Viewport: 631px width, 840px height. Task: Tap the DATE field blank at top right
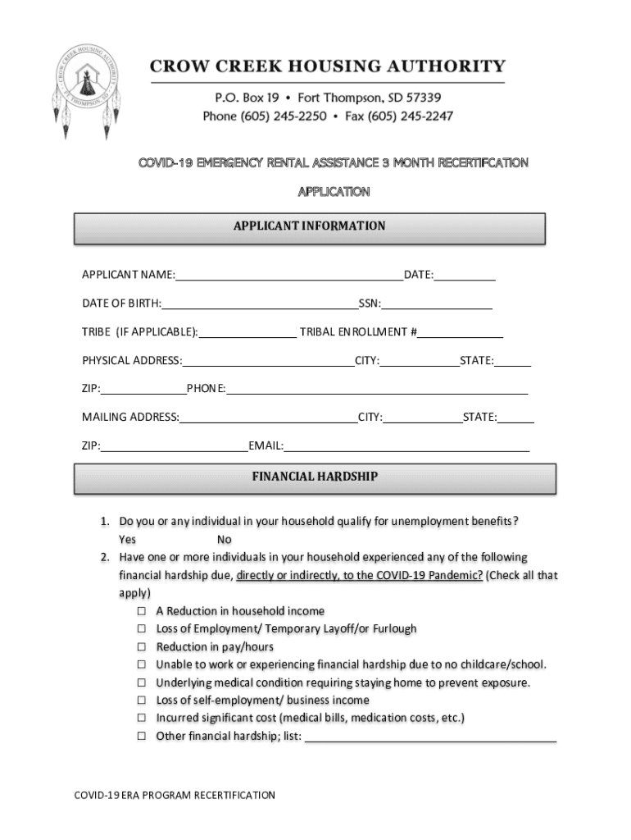point(465,276)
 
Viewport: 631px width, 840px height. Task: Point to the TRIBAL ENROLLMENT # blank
point(461,334)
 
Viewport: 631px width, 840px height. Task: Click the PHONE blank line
point(377,390)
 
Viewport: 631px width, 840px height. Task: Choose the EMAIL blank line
point(406,448)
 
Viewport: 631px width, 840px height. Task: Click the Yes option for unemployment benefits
point(127,540)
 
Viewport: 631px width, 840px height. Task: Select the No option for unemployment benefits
point(225,540)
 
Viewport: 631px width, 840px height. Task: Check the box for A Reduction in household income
point(141,611)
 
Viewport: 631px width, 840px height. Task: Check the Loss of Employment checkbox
point(141,629)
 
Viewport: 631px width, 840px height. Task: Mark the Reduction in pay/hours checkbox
point(141,647)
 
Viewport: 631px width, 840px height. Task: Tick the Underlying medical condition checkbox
point(141,682)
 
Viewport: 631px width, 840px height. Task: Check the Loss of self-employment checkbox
point(141,701)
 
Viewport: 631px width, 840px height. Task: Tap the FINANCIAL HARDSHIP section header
point(315,477)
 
